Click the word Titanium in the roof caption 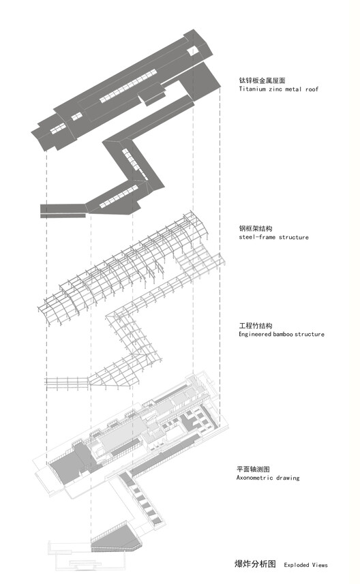[252, 89]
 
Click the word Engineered [255, 335]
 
